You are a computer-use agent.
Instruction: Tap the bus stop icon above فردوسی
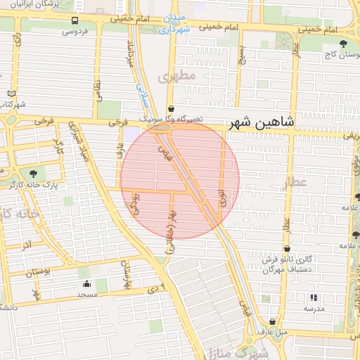pyautogui.click(x=75, y=21)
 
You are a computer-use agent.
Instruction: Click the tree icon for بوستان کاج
pyautogui.click(x=343, y=45)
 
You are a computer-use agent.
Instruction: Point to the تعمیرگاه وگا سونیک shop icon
pyautogui.click(x=172, y=109)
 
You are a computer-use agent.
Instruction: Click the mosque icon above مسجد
pyautogui.click(x=86, y=284)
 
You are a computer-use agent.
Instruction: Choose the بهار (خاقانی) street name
pyautogui.click(x=169, y=232)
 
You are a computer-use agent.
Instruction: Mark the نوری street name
pyautogui.click(x=223, y=196)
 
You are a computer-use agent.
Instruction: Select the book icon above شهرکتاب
pyautogui.click(x=11, y=93)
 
